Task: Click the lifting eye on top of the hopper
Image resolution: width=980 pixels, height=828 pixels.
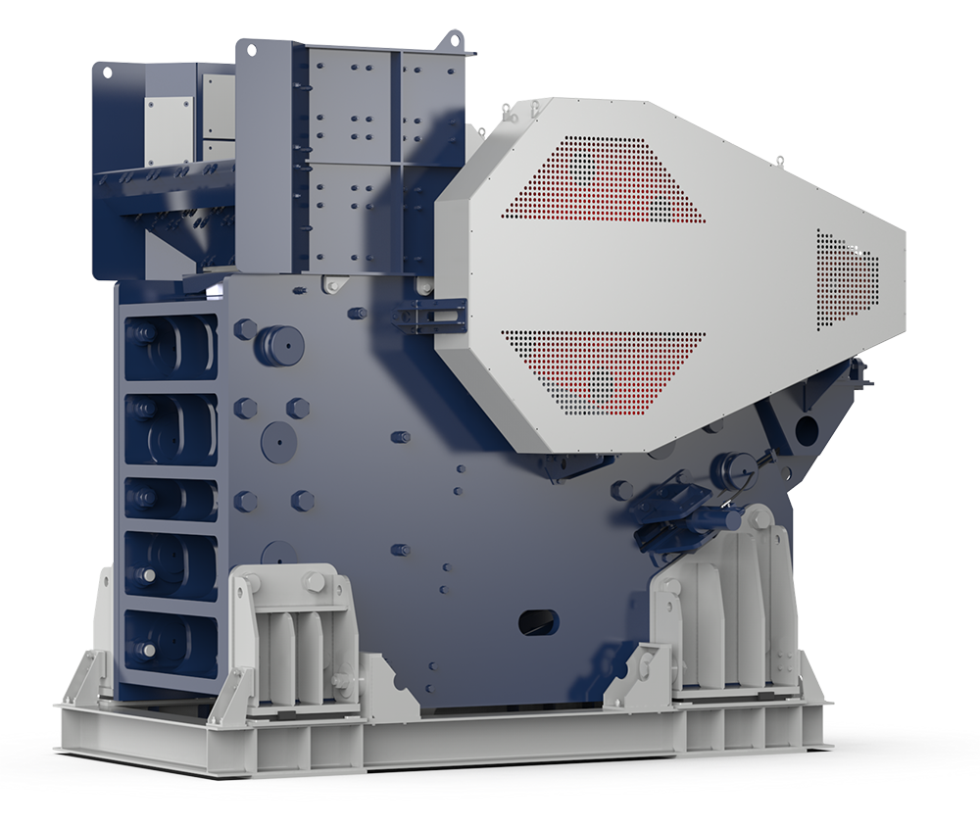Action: [454, 39]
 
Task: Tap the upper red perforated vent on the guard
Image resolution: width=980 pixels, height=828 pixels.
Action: [602, 181]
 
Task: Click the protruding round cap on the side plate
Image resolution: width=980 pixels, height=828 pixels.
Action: [277, 344]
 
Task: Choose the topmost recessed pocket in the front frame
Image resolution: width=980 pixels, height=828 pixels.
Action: [171, 344]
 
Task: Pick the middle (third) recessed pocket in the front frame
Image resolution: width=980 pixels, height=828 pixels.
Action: [171, 499]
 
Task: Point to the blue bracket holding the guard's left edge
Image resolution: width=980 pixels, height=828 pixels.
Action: [423, 313]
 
